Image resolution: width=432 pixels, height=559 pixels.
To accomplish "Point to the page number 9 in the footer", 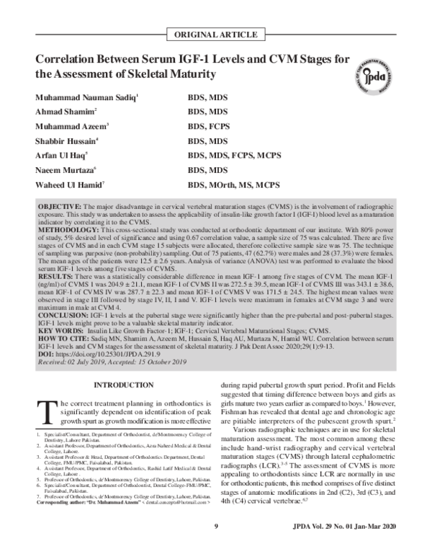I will tap(216, 548).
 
